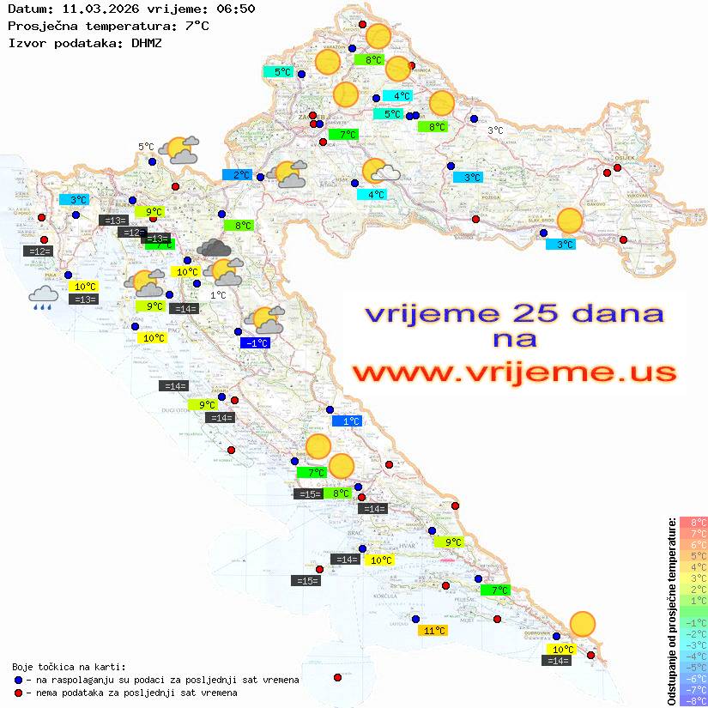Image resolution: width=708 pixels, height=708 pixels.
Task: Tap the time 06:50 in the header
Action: tap(236, 9)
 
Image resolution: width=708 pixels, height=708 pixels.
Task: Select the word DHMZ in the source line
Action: tap(151, 42)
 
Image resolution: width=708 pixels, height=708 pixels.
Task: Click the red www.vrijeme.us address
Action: tap(514, 372)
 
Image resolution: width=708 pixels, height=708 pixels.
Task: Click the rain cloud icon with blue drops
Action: tap(43, 297)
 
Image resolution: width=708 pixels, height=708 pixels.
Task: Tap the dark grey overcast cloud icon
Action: tap(213, 249)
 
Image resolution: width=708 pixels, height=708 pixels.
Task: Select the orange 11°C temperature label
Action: tap(433, 631)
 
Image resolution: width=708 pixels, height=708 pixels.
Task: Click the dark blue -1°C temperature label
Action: tap(255, 343)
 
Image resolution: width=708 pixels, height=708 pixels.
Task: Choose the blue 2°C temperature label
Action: tap(237, 175)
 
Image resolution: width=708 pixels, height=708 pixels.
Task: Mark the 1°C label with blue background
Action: tap(347, 421)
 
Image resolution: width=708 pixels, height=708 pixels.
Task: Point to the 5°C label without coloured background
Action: tap(146, 147)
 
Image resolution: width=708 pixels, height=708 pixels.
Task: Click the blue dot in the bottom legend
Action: tap(18, 680)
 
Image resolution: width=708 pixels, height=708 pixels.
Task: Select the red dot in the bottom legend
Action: tap(18, 693)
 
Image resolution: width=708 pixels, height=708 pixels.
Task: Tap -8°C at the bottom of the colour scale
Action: tap(693, 700)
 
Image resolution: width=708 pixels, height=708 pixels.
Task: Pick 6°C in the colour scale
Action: tap(693, 544)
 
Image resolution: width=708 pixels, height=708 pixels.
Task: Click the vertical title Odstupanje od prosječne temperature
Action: tap(671, 610)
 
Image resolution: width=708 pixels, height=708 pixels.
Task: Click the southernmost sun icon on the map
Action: tap(583, 624)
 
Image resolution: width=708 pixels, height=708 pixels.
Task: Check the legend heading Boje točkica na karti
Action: tap(69, 667)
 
